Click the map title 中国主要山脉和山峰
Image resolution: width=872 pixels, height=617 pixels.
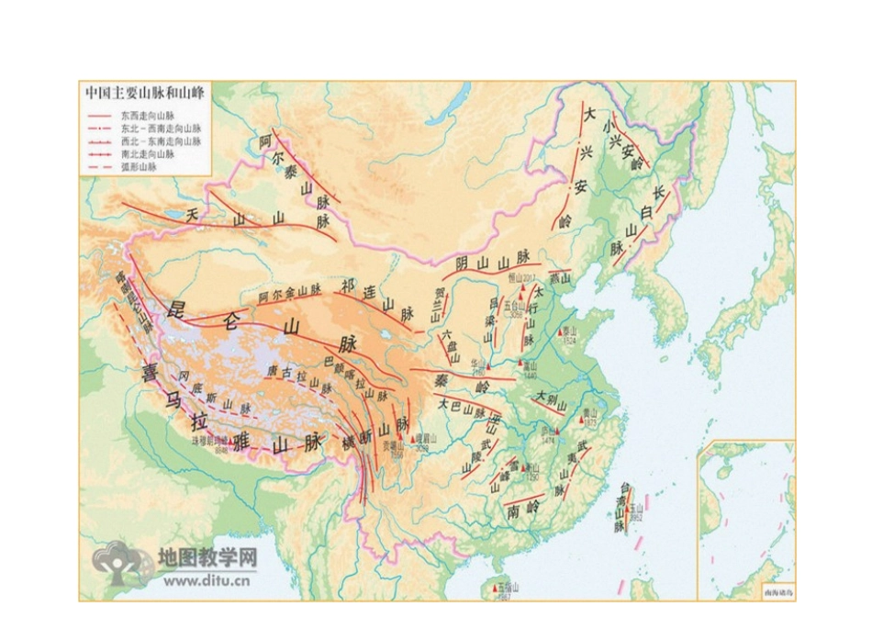coord(145,93)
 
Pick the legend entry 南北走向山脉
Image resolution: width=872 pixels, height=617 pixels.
coord(147,155)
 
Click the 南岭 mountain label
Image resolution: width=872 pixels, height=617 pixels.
coord(522,508)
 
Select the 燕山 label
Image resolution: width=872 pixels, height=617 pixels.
coord(560,277)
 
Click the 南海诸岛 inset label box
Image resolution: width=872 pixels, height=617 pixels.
coord(769,593)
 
